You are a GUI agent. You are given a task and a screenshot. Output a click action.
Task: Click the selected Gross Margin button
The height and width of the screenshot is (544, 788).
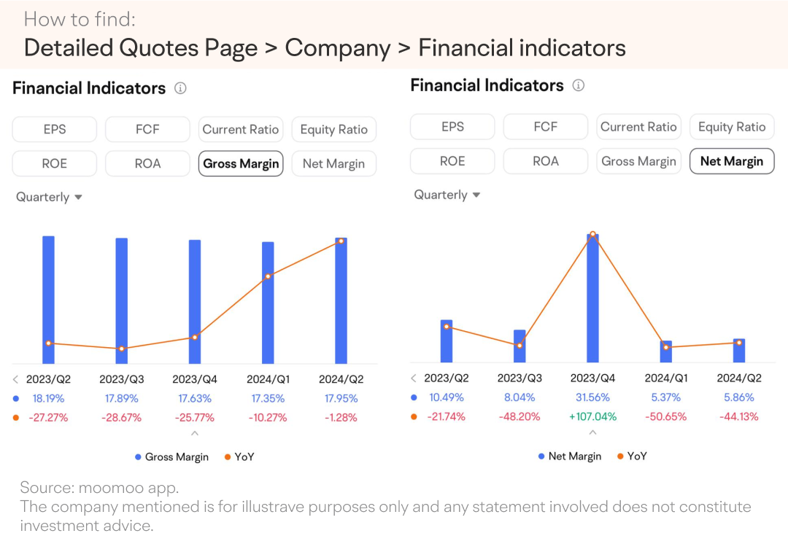(241, 164)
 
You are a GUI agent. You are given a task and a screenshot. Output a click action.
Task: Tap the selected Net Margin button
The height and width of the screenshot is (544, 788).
(732, 161)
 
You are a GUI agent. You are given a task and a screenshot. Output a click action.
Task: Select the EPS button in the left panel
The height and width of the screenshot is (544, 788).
(54, 129)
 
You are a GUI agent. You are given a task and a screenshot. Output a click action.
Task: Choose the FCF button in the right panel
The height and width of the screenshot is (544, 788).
(545, 127)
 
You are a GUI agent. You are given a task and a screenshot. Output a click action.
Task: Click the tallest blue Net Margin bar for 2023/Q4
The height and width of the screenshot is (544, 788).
(593, 298)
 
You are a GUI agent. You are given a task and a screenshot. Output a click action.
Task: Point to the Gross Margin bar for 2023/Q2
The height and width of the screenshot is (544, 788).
(48, 300)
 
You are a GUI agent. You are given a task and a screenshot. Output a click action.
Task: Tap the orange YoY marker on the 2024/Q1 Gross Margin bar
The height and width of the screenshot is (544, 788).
(268, 276)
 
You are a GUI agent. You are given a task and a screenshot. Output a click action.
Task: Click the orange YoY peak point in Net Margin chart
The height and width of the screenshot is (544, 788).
(593, 234)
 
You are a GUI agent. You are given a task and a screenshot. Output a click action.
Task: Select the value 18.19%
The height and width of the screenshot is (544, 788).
(48, 398)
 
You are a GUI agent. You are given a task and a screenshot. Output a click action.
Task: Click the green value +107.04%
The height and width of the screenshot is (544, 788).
(592, 416)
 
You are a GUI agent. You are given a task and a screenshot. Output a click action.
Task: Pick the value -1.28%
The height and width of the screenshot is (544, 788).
(341, 417)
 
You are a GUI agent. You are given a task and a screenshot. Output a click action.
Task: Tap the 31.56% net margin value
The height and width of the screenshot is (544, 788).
(592, 397)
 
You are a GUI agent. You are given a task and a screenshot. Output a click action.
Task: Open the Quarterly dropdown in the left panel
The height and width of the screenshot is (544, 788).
(49, 197)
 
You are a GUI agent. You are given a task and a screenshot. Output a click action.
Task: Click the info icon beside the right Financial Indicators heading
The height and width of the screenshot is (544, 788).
(579, 85)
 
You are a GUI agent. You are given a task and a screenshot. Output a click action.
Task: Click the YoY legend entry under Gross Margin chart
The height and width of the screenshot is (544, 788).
(240, 457)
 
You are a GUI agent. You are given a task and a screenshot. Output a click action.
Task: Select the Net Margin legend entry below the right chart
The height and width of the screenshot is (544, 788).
(570, 456)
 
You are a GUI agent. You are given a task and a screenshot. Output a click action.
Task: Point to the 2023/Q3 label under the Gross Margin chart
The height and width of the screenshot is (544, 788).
(122, 379)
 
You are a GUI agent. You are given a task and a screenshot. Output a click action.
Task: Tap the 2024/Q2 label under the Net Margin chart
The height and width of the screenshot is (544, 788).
(738, 378)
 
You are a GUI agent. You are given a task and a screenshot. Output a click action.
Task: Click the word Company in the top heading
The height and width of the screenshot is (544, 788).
(338, 48)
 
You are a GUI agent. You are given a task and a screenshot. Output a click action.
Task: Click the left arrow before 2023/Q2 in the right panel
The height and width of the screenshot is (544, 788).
(414, 378)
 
